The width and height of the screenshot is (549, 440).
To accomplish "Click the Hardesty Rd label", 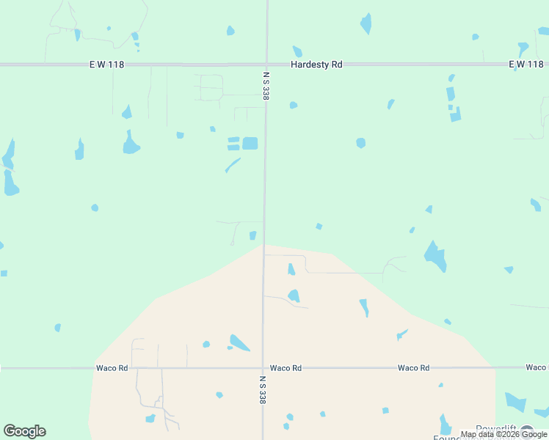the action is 316,65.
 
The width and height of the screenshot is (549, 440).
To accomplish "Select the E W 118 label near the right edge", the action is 526,65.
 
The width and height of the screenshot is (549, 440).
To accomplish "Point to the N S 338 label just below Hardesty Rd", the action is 265,85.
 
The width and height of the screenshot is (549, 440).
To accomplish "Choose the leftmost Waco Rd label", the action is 112,367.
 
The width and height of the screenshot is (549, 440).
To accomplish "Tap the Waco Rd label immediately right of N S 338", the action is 286,367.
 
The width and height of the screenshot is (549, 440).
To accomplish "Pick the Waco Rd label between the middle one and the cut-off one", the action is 413,367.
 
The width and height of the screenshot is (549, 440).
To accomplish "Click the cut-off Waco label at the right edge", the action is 537,367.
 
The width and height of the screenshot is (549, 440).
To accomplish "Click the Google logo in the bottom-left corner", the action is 24,431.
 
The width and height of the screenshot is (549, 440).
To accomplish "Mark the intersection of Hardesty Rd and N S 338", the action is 266,65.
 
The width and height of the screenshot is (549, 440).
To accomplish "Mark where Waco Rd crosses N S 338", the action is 263,367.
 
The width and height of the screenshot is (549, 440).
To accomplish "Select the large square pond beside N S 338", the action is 250,143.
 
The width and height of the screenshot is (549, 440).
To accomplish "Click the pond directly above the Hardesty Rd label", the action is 297,51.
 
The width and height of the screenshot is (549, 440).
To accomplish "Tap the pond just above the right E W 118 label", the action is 523,49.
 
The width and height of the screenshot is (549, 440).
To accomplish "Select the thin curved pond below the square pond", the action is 232,165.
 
